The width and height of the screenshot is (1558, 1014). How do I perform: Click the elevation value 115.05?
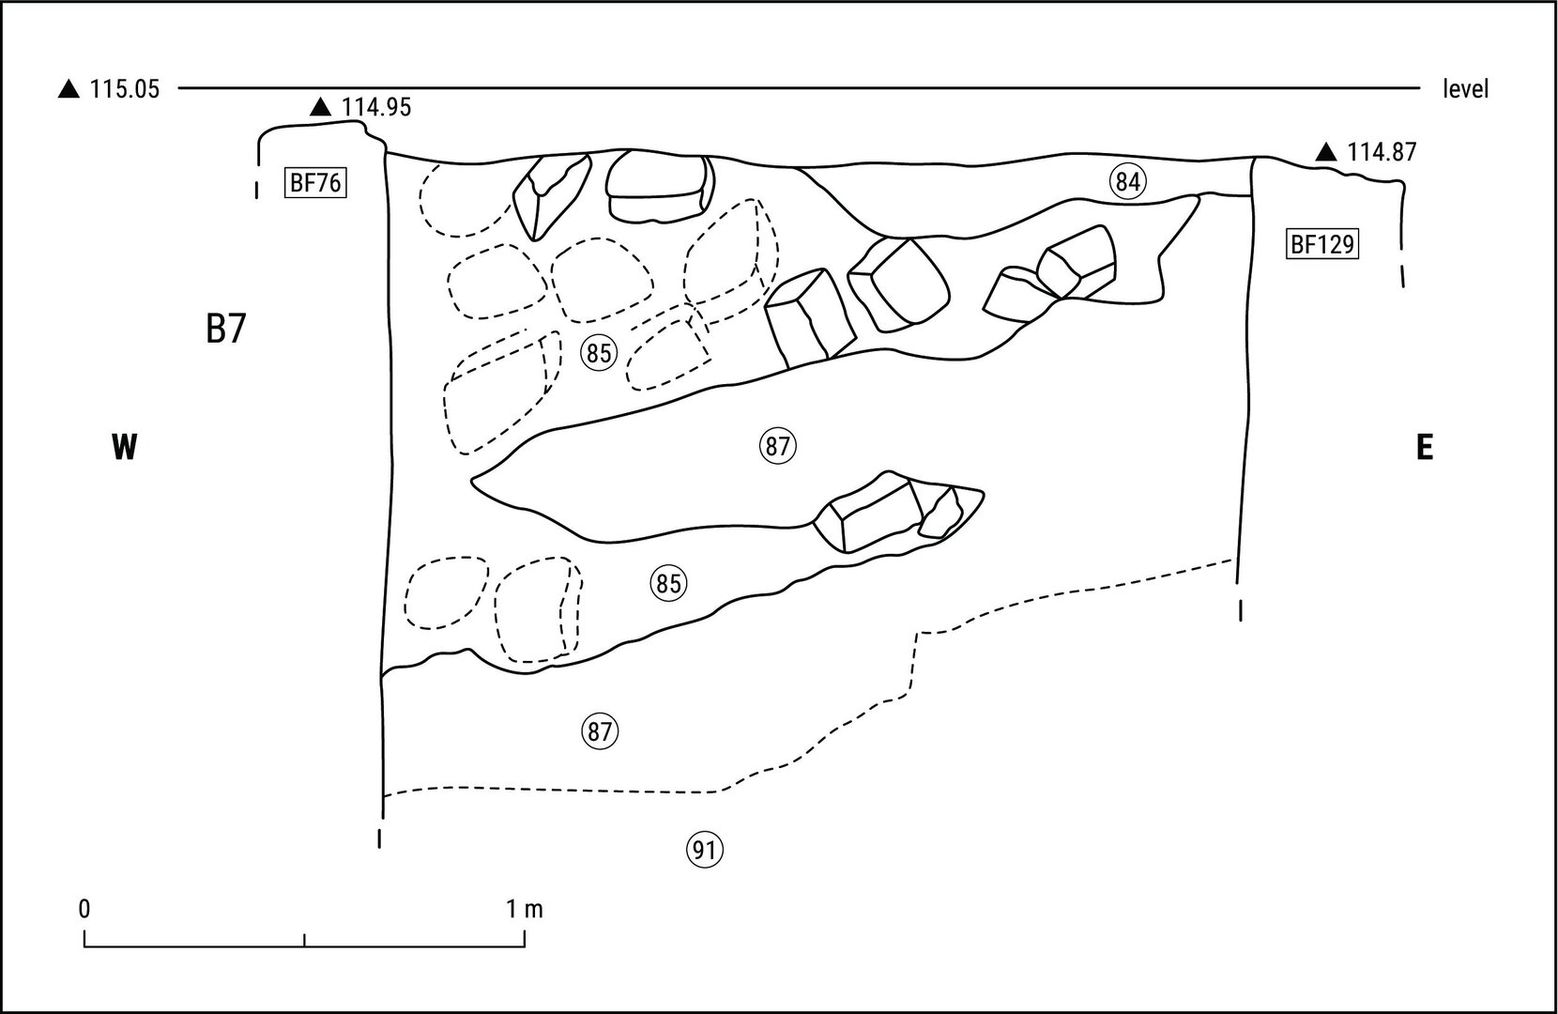(124, 90)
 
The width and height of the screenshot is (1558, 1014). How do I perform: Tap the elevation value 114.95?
(375, 108)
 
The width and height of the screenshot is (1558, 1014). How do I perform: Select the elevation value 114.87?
(1382, 152)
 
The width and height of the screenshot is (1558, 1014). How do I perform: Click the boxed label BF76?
(315, 183)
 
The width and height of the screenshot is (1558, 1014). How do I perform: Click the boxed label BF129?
(1321, 245)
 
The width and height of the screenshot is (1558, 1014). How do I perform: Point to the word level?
(1466, 90)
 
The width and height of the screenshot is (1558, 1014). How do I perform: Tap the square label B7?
(225, 330)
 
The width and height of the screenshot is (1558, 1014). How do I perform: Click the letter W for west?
(124, 448)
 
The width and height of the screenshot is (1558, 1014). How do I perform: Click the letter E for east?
(1424, 449)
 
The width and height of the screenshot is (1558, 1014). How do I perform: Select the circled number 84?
(1127, 182)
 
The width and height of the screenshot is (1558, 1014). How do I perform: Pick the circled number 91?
(706, 851)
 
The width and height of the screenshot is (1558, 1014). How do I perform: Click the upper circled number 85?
(599, 354)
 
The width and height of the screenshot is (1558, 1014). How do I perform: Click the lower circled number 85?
(667, 584)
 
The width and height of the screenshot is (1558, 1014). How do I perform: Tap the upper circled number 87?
(777, 447)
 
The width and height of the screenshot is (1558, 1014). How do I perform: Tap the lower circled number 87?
(601, 731)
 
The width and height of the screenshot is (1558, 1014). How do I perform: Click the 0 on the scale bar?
(84, 909)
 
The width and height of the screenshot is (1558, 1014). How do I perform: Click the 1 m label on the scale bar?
(525, 909)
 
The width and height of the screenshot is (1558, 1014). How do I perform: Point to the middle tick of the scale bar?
(305, 940)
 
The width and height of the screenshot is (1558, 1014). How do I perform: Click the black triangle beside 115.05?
(69, 90)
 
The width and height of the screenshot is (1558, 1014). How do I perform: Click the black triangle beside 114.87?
(1325, 152)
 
